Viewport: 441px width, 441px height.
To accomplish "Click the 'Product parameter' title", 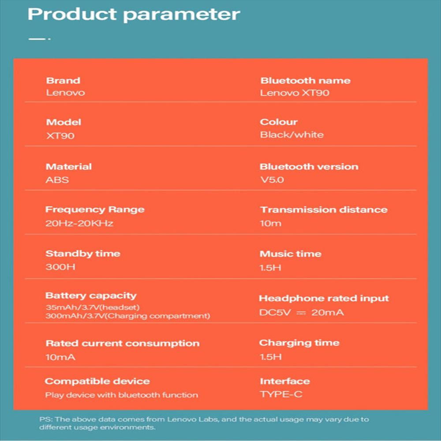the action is coord(134,15).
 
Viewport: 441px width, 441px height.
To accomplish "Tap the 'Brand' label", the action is coord(63,81).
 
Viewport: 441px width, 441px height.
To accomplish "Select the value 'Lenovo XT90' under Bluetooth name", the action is coord(295,93).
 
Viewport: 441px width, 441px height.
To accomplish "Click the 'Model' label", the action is coord(64,122).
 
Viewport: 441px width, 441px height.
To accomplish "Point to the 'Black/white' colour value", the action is coord(292,135).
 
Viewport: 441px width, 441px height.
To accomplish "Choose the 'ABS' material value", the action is coord(57,180).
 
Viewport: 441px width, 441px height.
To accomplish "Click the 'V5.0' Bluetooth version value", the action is coord(272,180).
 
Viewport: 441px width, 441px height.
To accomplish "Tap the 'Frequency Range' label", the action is coord(95,210).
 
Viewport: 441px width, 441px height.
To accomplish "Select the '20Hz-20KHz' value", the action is coord(79,223).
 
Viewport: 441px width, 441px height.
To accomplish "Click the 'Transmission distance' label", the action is coord(324,210).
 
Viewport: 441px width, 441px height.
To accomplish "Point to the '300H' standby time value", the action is coord(60,267).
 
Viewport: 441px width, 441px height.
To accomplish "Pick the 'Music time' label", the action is coord(291,254).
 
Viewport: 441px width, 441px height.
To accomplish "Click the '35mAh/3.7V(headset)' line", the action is coord(93,307).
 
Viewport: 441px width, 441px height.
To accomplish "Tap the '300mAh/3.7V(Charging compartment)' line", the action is coord(128,316).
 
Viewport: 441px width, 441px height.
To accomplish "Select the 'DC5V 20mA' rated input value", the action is coord(302,313).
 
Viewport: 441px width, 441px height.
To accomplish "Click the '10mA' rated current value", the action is coord(60,357).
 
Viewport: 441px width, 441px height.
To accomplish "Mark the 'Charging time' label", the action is coord(299,343).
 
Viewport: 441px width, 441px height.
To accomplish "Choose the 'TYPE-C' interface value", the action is coord(281,394).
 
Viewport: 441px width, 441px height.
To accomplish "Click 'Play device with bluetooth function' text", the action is coord(122,395).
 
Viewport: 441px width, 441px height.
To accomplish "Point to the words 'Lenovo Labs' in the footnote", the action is coord(193,419).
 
